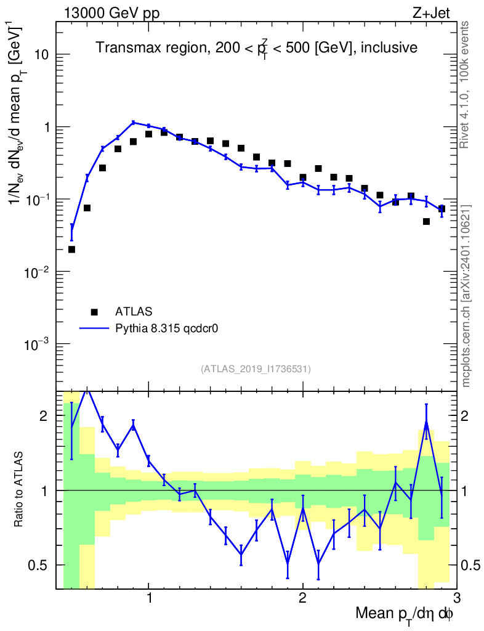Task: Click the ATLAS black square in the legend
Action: coord(94,312)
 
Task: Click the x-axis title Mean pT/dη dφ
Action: coord(405,614)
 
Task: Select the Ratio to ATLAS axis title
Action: coord(20,490)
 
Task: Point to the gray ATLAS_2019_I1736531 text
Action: coord(256,369)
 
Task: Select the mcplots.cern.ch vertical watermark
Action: coord(466,296)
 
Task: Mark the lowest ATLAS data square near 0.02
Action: coord(71,250)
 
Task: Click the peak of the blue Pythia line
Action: coord(133,122)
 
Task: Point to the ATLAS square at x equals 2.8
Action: coord(426,221)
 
